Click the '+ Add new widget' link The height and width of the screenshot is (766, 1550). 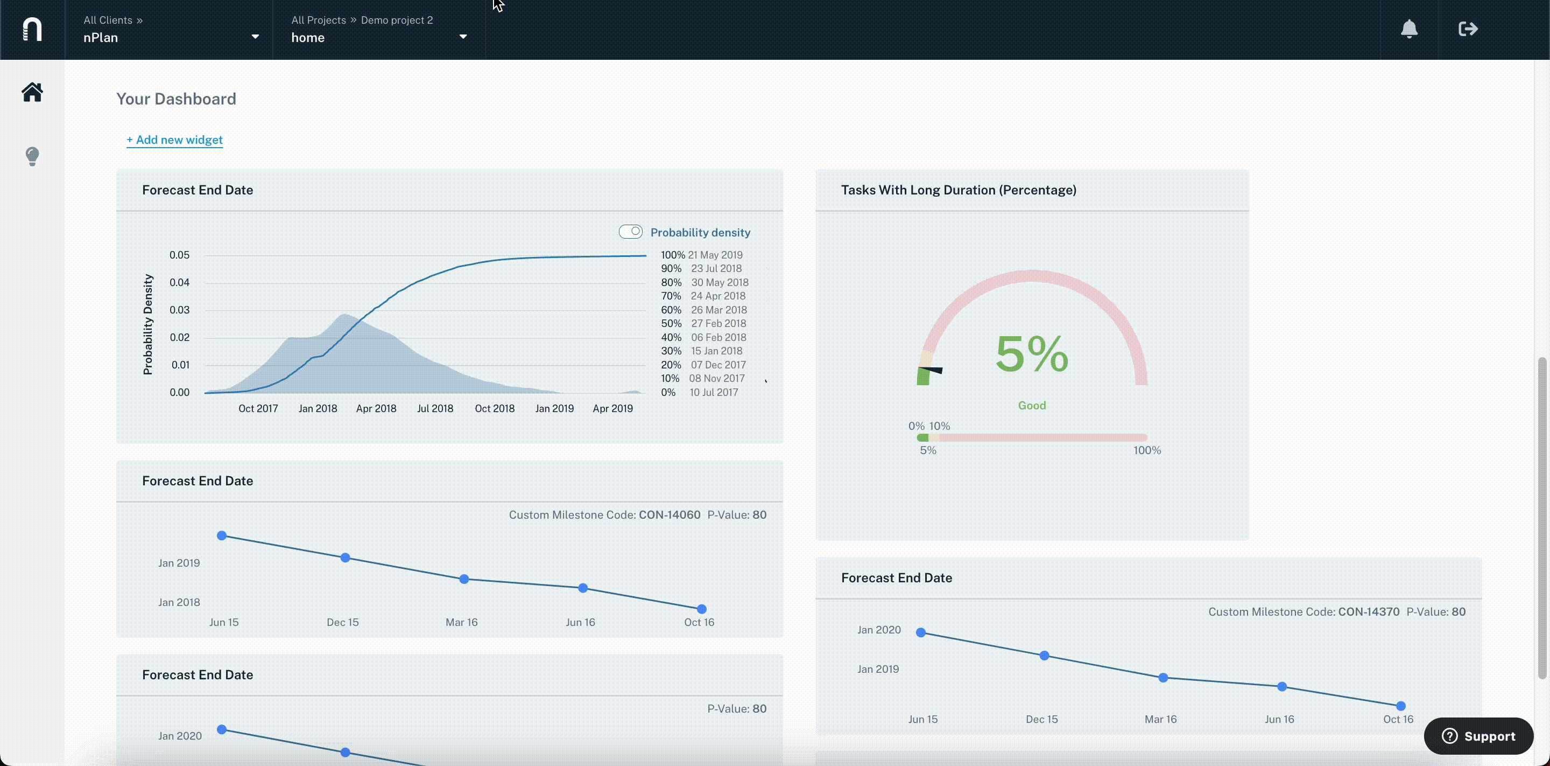(x=174, y=140)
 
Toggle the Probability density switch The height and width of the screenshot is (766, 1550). (x=631, y=232)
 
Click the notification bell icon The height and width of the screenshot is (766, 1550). (x=1409, y=29)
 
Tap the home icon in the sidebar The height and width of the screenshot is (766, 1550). (x=32, y=92)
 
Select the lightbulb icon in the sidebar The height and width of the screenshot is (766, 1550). (x=32, y=156)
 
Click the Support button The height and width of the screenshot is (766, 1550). (x=1478, y=736)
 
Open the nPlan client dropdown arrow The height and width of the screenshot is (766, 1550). (x=255, y=37)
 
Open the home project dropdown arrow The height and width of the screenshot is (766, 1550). (x=463, y=37)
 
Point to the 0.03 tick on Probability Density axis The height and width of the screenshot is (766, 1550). (x=179, y=310)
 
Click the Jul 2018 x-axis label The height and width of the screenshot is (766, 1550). (x=435, y=408)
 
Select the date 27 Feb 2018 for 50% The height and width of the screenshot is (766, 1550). (x=718, y=323)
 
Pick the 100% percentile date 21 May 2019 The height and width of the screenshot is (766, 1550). (x=715, y=255)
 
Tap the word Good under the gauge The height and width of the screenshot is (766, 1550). (x=1032, y=406)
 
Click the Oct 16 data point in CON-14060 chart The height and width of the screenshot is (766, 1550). (x=702, y=609)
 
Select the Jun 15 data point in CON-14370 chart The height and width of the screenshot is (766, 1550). (x=921, y=632)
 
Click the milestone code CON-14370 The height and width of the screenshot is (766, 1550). (x=1369, y=612)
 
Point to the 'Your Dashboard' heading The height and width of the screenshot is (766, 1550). (x=177, y=99)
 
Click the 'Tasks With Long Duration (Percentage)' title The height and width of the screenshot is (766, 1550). (x=959, y=190)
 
